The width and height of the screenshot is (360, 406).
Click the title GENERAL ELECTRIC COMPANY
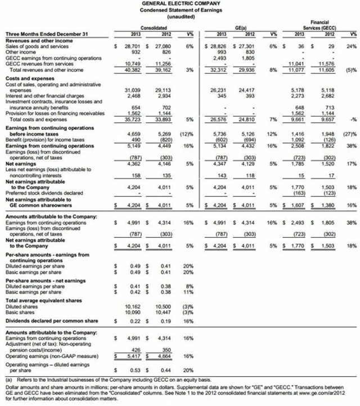(181, 4)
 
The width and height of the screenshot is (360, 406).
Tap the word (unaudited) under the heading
(181, 17)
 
